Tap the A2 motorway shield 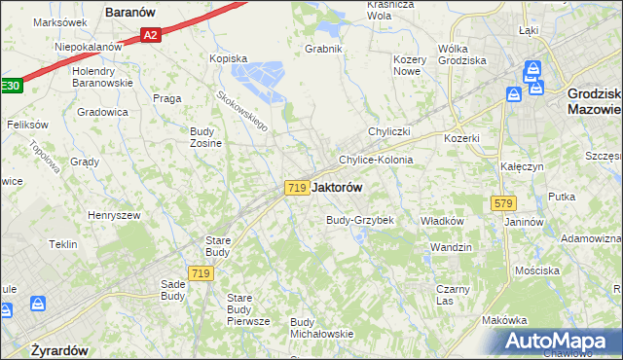pos(150,36)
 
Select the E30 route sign pos(10,86)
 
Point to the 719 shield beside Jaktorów pos(298,187)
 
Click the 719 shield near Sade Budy pos(202,274)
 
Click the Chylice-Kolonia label pos(376,160)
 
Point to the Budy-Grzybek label pos(359,220)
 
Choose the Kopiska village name pos(229,57)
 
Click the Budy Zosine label pos(205,137)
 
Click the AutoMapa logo pos(559,342)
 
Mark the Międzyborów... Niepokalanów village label pos(89,46)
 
